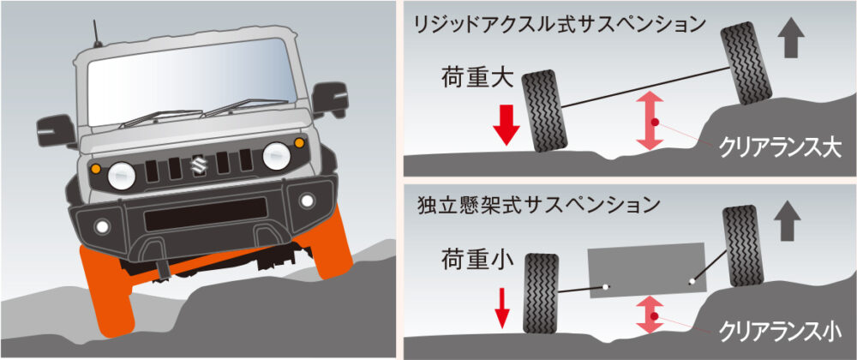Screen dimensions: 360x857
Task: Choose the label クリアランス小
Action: pos(777,329)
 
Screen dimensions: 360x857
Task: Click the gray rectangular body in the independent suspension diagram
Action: pos(645,272)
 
